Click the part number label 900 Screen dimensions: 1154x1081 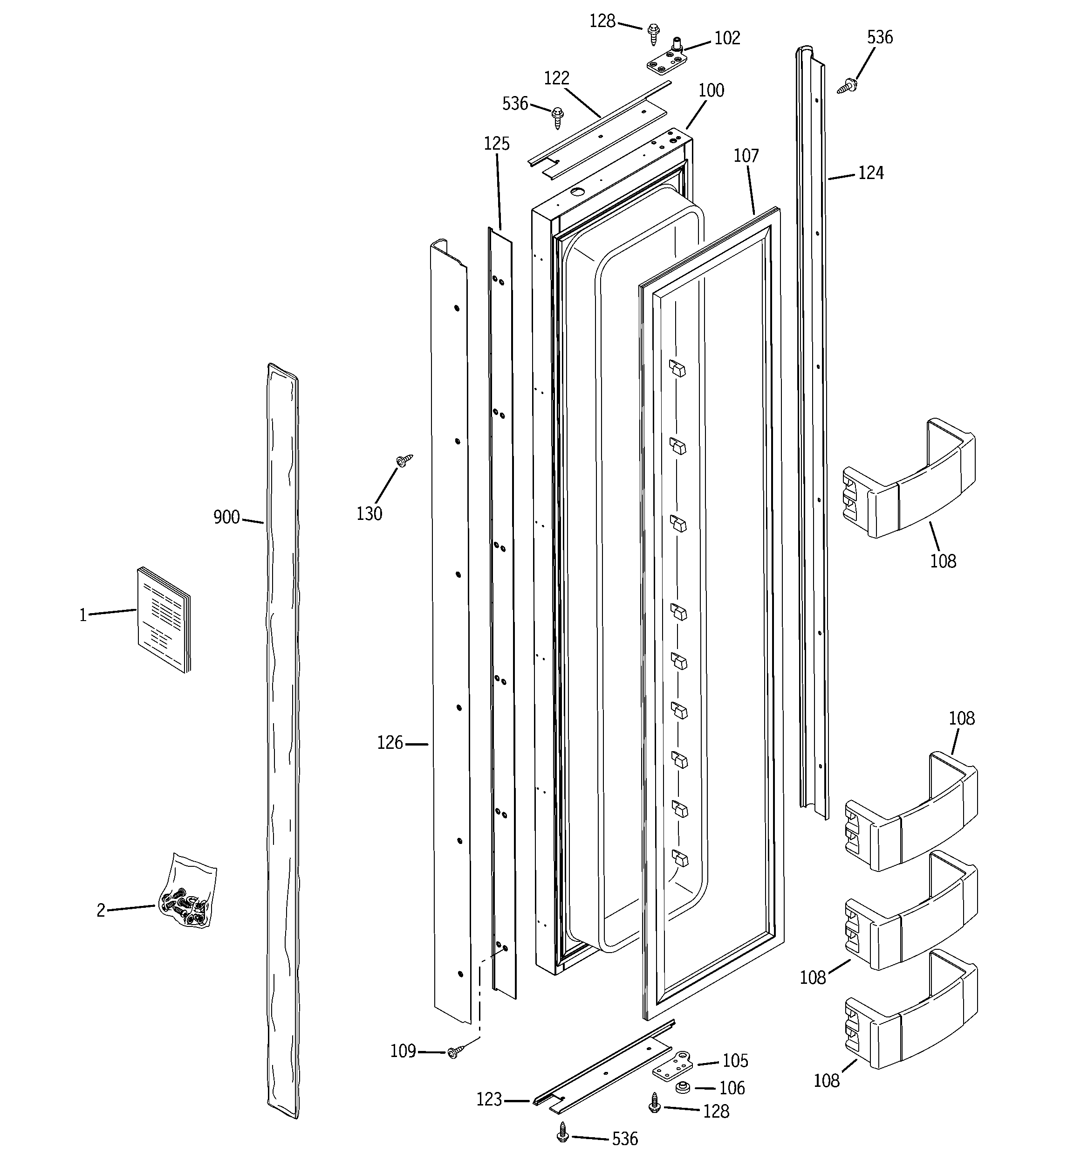pos(226,517)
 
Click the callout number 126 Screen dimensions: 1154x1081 pos(390,743)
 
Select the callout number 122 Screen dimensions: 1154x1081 pos(556,78)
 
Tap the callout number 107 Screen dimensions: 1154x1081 pos(746,156)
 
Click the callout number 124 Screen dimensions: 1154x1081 pos(870,173)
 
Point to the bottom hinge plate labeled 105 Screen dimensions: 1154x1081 pos(674,1064)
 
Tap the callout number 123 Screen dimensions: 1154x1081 pos(489,1099)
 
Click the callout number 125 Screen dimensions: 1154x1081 pos(497,144)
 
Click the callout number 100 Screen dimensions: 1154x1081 pos(711,90)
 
